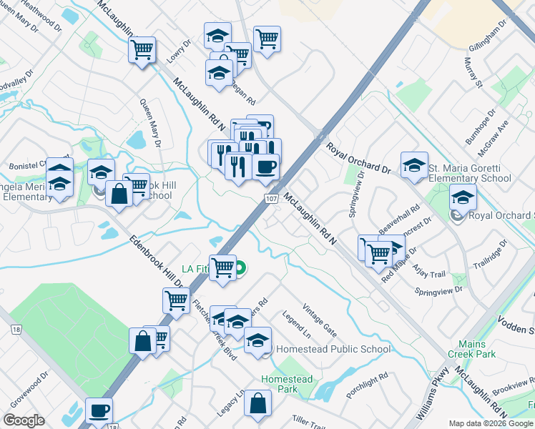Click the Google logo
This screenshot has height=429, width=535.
24,420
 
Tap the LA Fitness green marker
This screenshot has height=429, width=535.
241,269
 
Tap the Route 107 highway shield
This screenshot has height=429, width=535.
271,197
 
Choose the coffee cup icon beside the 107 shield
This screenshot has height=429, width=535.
265,167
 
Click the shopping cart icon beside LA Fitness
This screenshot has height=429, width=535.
222,267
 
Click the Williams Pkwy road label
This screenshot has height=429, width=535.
435,398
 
